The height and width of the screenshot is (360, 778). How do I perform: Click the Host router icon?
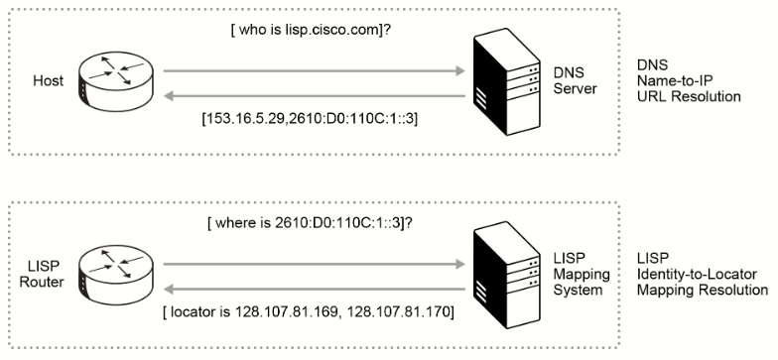[x=116, y=83]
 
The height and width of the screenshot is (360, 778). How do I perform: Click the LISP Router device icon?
[x=116, y=276]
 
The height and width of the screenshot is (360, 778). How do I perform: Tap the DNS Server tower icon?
[x=506, y=81]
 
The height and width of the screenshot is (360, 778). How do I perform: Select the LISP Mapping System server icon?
[x=506, y=275]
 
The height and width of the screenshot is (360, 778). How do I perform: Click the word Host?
[x=48, y=81]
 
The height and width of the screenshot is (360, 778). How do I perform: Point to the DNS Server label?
[x=576, y=81]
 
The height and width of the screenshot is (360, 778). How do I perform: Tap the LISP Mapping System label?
[x=582, y=274]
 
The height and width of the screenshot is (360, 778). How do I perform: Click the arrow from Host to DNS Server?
[x=314, y=71]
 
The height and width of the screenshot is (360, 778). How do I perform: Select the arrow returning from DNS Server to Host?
[x=314, y=95]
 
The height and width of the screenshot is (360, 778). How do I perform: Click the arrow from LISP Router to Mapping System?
[x=314, y=265]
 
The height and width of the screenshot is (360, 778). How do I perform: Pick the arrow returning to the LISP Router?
[x=314, y=290]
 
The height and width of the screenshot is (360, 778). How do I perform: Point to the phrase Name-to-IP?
[x=675, y=81]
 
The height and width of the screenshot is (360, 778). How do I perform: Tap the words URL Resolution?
[x=689, y=96]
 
